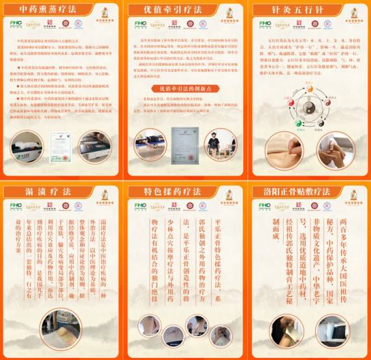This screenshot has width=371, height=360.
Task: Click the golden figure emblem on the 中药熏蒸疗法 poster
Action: click(x=104, y=12)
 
